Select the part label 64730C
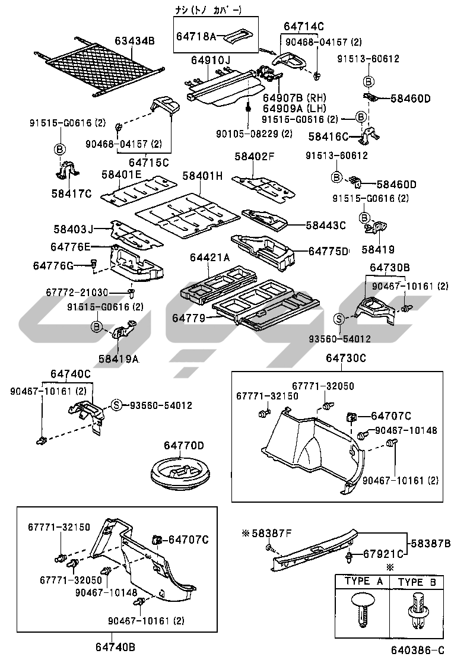(346, 358)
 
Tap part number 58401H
(202, 176)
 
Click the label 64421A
(210, 258)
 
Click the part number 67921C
(383, 554)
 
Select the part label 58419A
(119, 358)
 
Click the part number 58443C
(326, 225)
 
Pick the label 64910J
(211, 61)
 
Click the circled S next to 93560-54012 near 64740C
(117, 405)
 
